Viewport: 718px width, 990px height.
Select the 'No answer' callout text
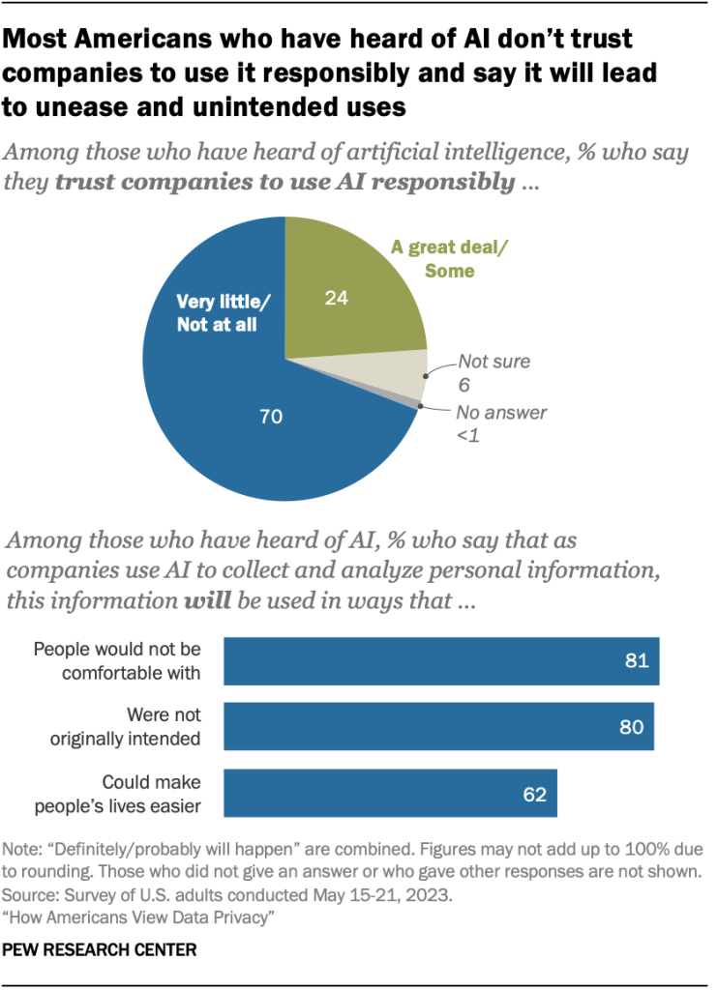(501, 413)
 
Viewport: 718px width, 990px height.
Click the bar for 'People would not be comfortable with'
(441, 661)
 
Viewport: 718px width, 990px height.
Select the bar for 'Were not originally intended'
(438, 727)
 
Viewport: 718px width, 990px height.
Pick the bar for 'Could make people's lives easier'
(390, 794)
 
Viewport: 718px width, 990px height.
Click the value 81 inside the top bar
(634, 662)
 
